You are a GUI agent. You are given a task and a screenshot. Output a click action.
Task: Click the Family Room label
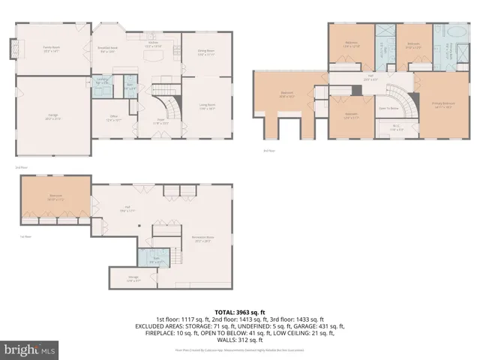[x=52, y=49]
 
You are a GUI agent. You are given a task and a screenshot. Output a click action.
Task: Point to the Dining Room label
[x=206, y=52]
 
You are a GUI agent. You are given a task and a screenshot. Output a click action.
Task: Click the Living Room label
[x=208, y=107]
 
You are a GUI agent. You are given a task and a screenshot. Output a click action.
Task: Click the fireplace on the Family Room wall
[x=10, y=49]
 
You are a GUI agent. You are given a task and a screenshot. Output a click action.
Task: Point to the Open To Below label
[x=387, y=108]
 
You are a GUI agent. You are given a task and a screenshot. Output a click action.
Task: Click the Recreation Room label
[x=202, y=241]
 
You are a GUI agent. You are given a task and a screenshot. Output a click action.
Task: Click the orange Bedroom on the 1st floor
[x=55, y=198]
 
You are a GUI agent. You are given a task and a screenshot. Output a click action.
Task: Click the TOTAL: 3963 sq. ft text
[x=239, y=311]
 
